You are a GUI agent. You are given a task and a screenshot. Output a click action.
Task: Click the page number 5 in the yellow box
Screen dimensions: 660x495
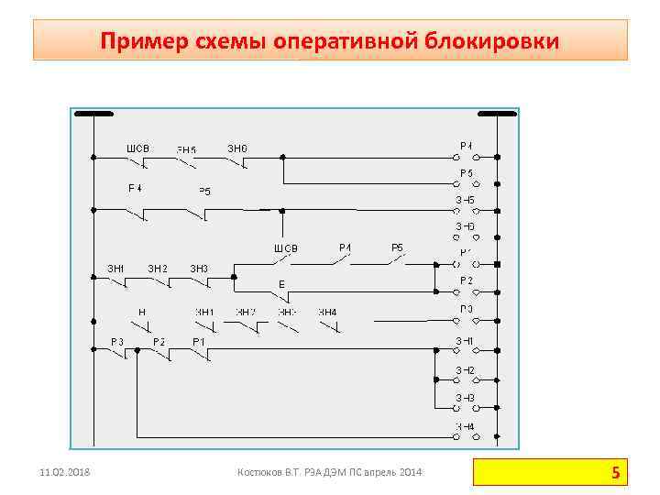615,473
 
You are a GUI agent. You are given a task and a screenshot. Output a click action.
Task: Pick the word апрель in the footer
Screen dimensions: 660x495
374,472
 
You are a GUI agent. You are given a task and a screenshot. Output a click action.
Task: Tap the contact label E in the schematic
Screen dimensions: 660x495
282,285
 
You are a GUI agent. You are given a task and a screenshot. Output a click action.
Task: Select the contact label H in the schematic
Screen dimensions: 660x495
142,313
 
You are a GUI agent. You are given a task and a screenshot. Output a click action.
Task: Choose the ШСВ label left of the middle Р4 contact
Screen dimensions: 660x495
286,248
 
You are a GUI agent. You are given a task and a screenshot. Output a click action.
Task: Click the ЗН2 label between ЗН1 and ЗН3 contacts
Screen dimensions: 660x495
158,268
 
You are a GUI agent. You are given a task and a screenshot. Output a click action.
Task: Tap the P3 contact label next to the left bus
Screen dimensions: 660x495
117,341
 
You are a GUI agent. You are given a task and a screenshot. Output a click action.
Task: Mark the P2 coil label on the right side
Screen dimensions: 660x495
467,280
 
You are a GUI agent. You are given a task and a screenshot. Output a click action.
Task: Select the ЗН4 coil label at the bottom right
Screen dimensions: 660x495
466,426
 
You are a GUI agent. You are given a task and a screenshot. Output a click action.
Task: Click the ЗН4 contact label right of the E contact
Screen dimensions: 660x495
327,313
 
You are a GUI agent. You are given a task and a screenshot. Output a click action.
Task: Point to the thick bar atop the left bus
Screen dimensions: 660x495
93,115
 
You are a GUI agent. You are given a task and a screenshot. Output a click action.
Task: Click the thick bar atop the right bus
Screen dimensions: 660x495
496,115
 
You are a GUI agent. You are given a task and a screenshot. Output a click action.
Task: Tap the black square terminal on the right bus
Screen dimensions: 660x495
496,265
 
